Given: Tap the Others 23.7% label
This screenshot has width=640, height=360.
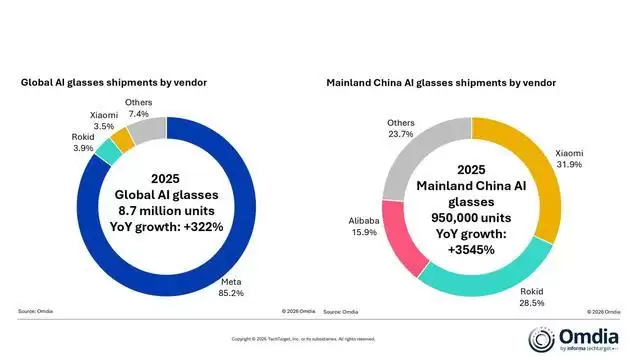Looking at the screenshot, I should click(x=401, y=130).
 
